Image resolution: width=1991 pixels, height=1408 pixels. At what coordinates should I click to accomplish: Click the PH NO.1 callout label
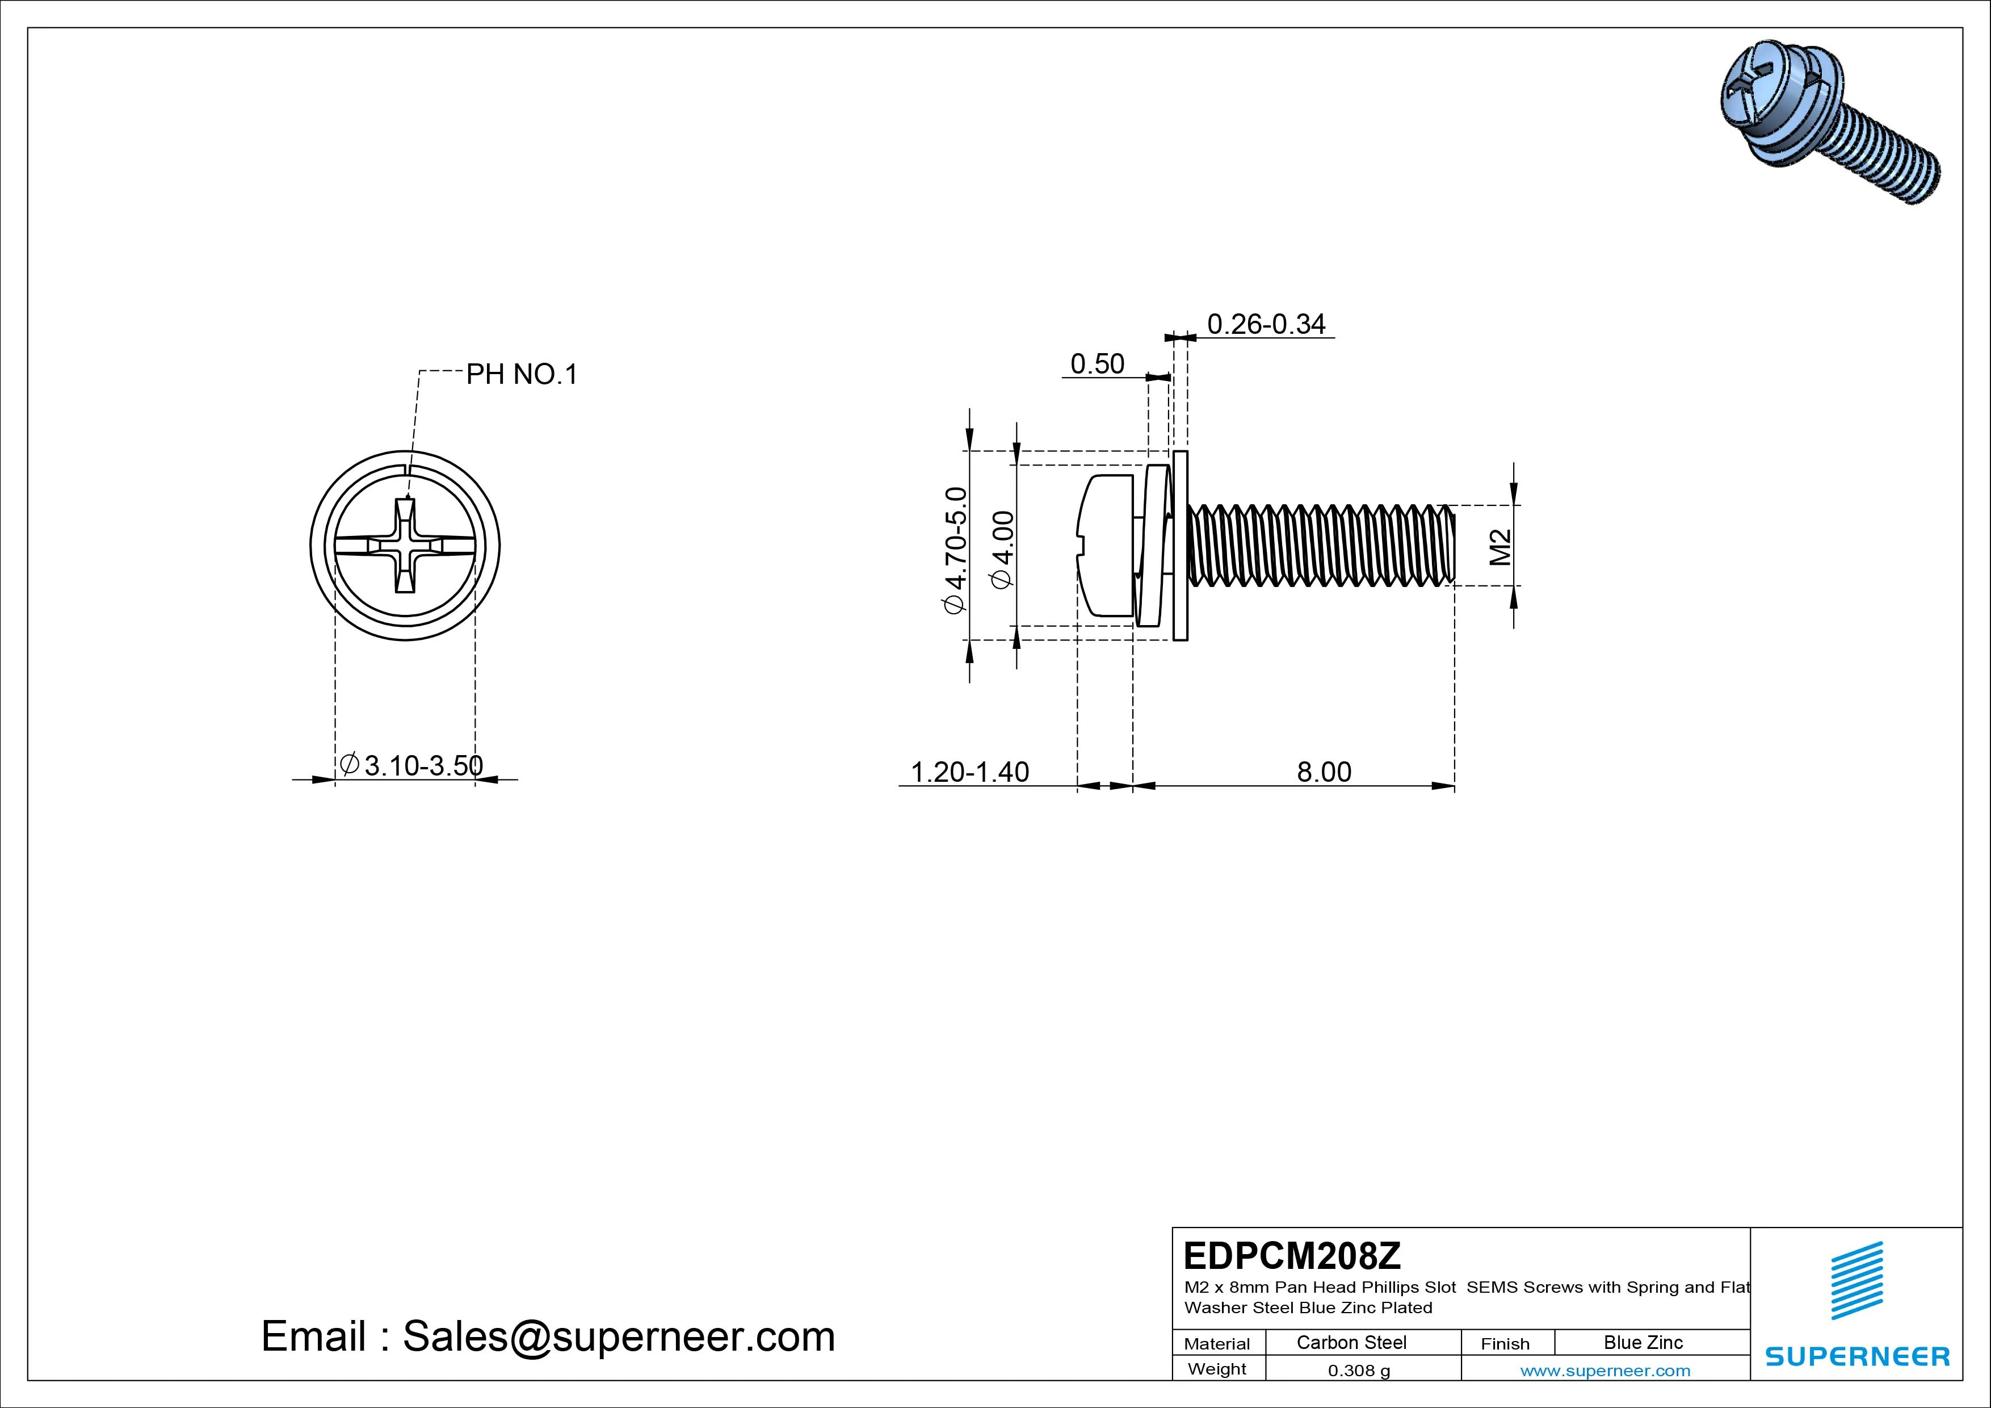click(521, 375)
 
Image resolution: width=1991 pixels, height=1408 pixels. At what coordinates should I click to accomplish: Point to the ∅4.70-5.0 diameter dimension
click(955, 550)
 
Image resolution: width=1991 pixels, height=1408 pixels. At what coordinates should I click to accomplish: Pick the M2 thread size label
click(1501, 547)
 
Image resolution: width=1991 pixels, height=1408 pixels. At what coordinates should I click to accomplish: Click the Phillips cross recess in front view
click(405, 546)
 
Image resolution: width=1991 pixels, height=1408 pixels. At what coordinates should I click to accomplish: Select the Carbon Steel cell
click(1351, 1342)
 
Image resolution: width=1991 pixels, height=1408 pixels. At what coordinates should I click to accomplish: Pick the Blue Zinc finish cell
click(1643, 1342)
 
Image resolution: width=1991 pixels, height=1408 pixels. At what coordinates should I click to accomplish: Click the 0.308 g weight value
click(1359, 1371)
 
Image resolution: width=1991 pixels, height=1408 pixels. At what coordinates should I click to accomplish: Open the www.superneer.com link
click(1605, 1371)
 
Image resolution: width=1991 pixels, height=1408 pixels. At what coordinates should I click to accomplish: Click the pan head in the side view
click(1106, 547)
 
